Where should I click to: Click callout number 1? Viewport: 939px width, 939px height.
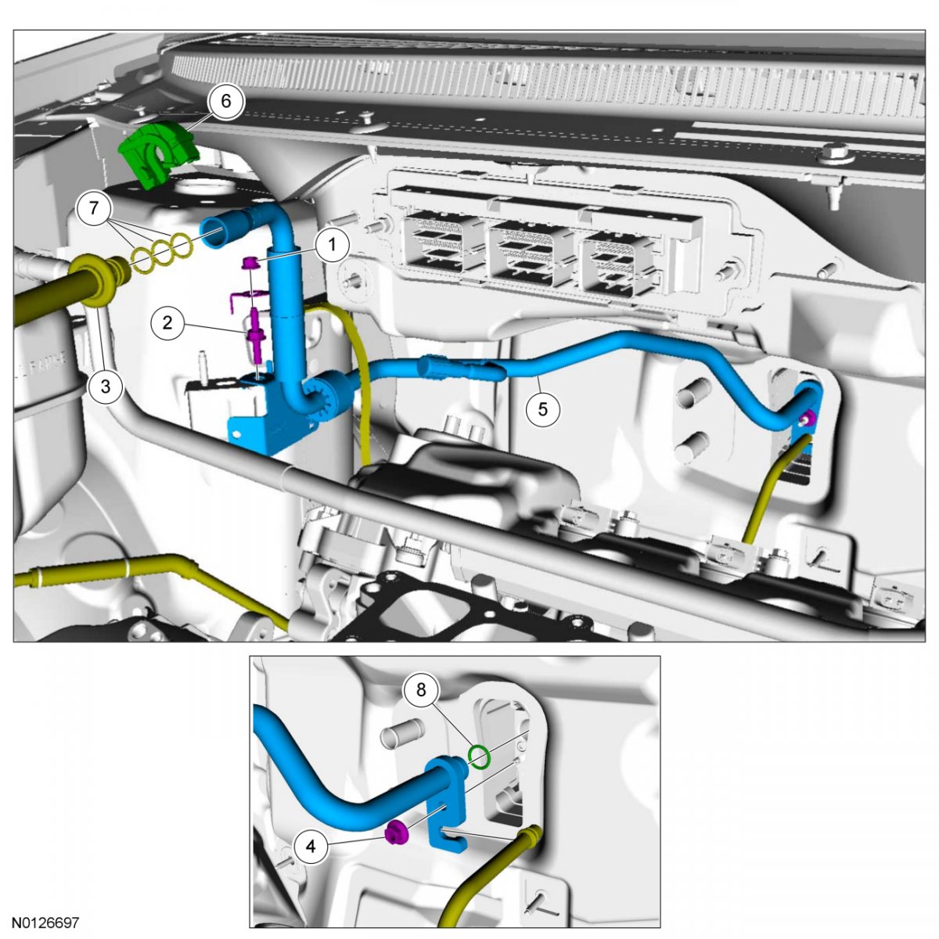coord(333,244)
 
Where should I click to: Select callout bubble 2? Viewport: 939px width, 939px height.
coord(167,322)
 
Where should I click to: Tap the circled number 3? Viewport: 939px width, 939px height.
coord(106,387)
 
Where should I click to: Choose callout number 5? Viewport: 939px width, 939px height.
coord(543,408)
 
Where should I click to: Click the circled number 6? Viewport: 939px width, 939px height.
coord(225,101)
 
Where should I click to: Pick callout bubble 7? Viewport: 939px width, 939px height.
coord(94,208)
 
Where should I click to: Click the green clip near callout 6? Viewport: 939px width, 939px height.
coord(158,153)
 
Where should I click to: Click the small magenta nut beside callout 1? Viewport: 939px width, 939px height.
coord(250,264)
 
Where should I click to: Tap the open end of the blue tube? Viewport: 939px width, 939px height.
coord(213,233)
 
